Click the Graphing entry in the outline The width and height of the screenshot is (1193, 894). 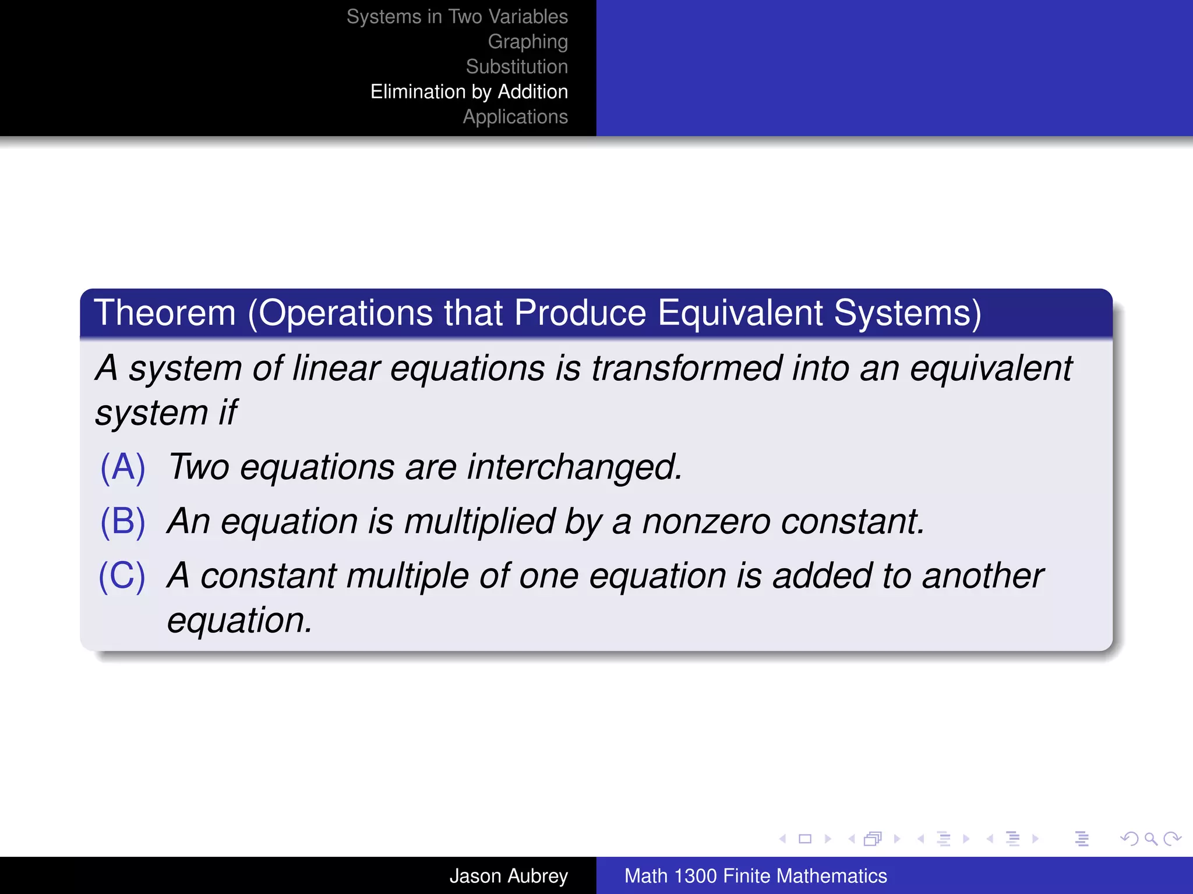pos(527,42)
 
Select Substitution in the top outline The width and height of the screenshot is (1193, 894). pos(516,67)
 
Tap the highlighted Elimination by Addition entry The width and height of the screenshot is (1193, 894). pos(469,92)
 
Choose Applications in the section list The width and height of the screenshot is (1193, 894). pos(515,117)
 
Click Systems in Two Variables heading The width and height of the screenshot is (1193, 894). pos(457,17)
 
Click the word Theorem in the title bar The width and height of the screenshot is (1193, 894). pos(165,313)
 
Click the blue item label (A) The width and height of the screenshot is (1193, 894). pos(122,467)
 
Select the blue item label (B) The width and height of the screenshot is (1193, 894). pos(122,521)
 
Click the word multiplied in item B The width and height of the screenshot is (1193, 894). pos(479,521)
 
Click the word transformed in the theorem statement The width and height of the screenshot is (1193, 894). pos(687,369)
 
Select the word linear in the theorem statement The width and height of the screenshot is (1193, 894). pos(336,369)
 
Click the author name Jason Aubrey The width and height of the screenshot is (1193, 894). pos(508,876)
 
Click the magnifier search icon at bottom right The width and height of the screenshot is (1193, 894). pos(1150,839)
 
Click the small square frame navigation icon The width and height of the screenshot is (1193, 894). pos(805,839)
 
